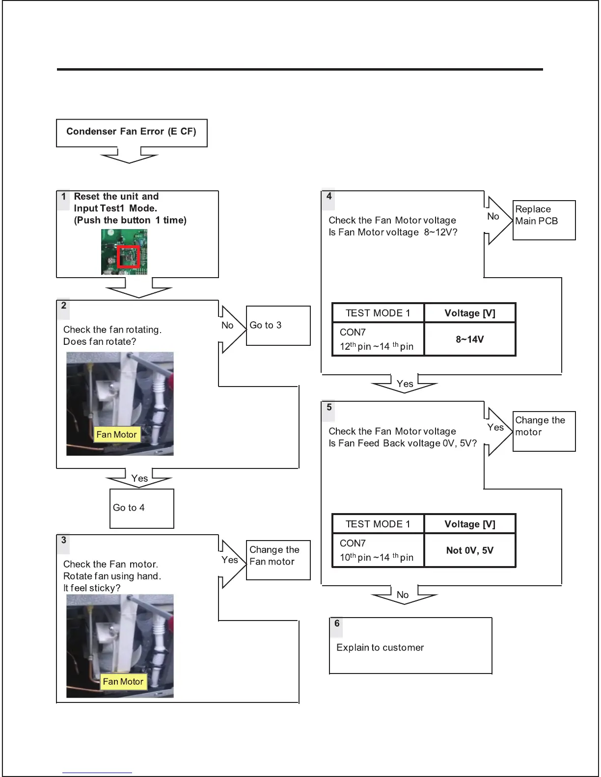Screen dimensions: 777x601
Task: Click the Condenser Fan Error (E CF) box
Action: tap(132, 132)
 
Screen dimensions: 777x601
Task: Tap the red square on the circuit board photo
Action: tap(129, 256)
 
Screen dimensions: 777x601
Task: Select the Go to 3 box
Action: tap(278, 326)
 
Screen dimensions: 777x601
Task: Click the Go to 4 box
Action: tap(141, 508)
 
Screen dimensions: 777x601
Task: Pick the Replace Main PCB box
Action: tap(544, 220)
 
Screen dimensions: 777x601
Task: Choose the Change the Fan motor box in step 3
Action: tap(278, 560)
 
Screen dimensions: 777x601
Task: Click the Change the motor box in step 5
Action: tap(544, 431)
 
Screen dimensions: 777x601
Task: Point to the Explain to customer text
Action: tap(380, 647)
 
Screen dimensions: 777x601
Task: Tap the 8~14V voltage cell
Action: tap(470, 339)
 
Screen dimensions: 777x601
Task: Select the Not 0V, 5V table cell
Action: tap(470, 550)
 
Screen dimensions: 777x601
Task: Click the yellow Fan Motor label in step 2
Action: tap(116, 435)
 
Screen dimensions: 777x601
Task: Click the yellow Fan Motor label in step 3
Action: tap(123, 682)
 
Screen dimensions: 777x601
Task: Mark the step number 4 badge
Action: tap(329, 196)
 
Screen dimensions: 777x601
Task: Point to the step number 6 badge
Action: tap(337, 623)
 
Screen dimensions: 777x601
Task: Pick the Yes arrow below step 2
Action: tap(139, 479)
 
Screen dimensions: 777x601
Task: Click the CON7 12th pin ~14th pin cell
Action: tap(378, 339)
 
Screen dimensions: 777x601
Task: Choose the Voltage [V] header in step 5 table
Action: tap(470, 524)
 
